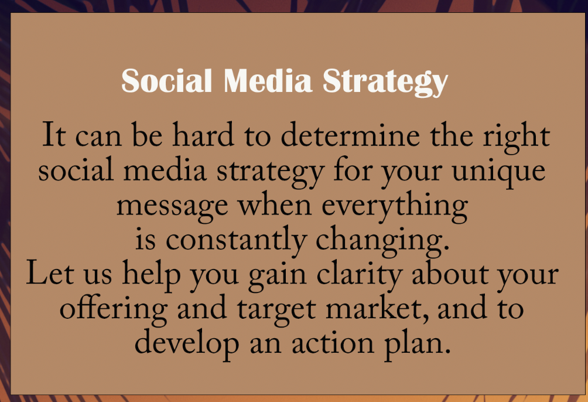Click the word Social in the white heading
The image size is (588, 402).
coord(167,81)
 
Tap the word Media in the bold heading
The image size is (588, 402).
coord(268,81)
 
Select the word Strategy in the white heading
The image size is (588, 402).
coord(385,83)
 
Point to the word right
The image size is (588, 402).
coord(516,137)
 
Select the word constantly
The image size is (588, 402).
coord(236,241)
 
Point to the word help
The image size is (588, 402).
coord(152,275)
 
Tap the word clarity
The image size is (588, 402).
coord(360,275)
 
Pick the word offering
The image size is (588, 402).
coord(114,310)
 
